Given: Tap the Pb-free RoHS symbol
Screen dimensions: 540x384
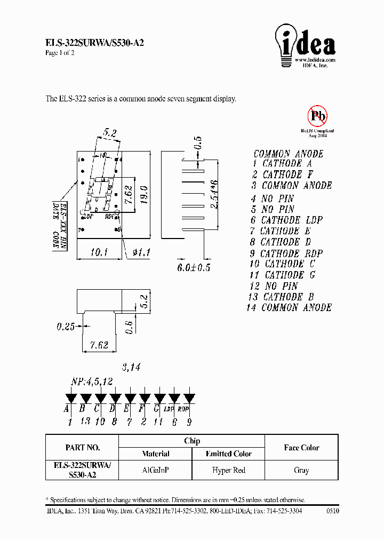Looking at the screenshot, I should (x=317, y=116).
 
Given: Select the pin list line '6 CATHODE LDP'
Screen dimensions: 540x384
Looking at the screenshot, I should (x=286, y=220).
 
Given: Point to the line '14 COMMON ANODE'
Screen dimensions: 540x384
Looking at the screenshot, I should (x=289, y=308).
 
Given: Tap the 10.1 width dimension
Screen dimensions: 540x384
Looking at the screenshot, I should (x=96, y=251).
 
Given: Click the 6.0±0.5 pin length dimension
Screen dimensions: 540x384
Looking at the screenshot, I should (x=193, y=267).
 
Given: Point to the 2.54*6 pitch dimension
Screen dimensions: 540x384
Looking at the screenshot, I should (x=214, y=195).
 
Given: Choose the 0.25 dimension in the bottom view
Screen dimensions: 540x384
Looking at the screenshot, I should (x=66, y=327).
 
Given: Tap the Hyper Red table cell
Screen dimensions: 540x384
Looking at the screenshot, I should (x=228, y=470).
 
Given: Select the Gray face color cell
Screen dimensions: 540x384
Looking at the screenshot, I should (x=301, y=470).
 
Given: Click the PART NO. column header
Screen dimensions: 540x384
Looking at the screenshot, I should (x=82, y=448).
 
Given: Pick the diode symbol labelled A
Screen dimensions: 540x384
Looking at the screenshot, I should (x=69, y=398).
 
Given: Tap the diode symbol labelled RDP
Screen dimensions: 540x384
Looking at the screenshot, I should (x=189, y=398).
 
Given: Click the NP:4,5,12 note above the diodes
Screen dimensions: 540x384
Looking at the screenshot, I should (x=92, y=382).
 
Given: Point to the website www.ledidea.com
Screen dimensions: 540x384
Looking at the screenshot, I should (x=315, y=60).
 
